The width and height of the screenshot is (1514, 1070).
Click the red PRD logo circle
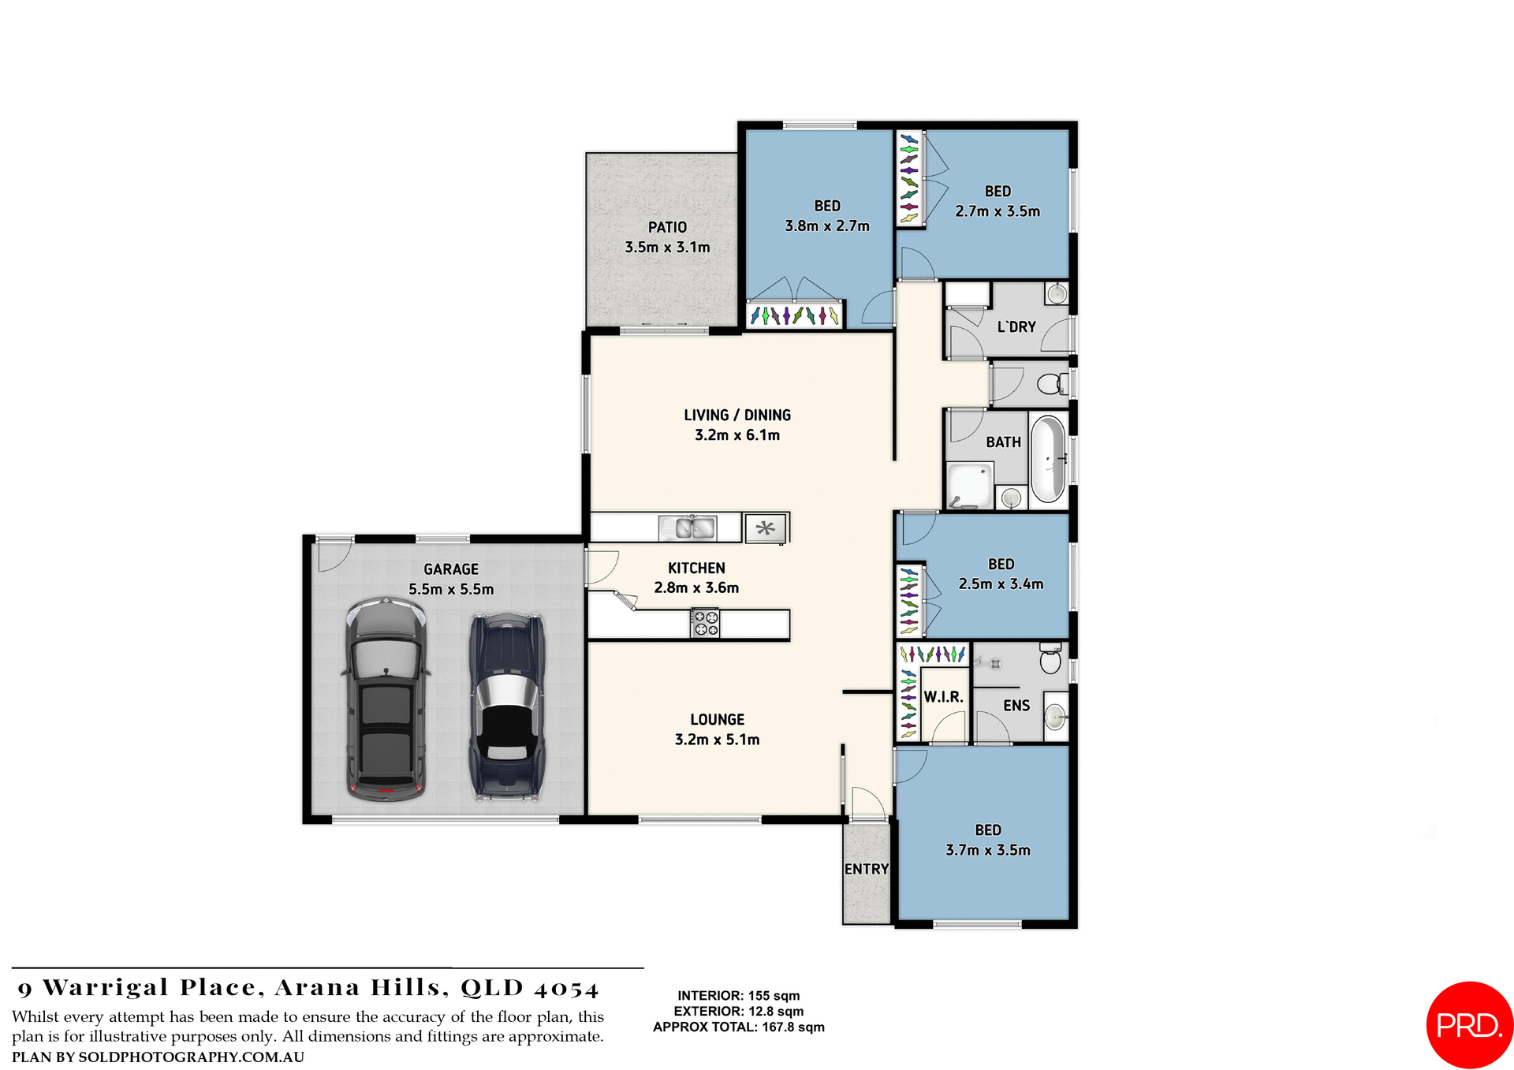pyautogui.click(x=1468, y=1023)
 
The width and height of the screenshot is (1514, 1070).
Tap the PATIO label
pyautogui.click(x=667, y=227)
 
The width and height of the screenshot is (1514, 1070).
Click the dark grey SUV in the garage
pyautogui.click(x=386, y=699)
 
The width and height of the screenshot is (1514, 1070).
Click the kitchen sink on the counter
pyautogui.click(x=688, y=528)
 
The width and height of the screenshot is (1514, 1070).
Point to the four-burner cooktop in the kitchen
pyautogui.click(x=705, y=623)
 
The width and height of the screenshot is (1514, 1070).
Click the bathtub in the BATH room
pyautogui.click(x=1048, y=460)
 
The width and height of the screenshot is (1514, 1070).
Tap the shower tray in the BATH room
pyautogui.click(x=969, y=486)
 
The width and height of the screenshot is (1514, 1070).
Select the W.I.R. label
pyautogui.click(x=943, y=697)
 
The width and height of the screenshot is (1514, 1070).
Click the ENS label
pyautogui.click(x=1016, y=706)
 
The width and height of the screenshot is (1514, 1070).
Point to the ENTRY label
pyautogui.click(x=866, y=869)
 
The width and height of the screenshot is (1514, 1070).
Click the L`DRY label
pyautogui.click(x=1016, y=326)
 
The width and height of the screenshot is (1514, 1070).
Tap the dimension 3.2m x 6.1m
pyautogui.click(x=736, y=435)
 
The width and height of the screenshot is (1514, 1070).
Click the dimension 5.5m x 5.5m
pyautogui.click(x=451, y=589)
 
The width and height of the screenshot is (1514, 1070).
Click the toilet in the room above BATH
pyautogui.click(x=1051, y=384)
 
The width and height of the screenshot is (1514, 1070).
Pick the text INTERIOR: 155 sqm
pyautogui.click(x=738, y=996)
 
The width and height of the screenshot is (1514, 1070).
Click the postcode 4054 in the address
pyautogui.click(x=566, y=989)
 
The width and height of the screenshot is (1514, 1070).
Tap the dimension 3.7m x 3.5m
pyautogui.click(x=987, y=850)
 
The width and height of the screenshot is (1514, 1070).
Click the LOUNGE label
pyautogui.click(x=717, y=719)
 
